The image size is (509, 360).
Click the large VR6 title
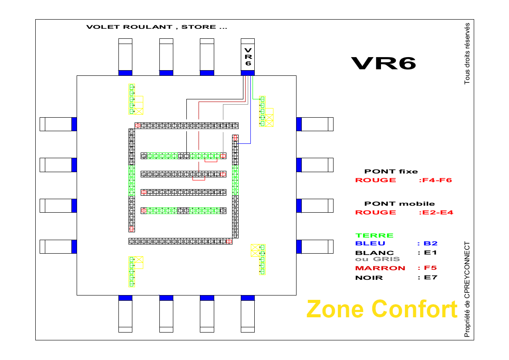(x=384, y=64)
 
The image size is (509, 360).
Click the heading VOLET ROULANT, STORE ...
(x=157, y=27)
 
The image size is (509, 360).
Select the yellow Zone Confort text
(x=382, y=309)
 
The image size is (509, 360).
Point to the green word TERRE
(x=374, y=235)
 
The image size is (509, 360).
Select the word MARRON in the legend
(x=380, y=268)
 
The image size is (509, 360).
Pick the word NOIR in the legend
(x=369, y=278)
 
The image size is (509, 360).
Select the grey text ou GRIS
(x=374, y=259)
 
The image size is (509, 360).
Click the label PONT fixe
(x=391, y=171)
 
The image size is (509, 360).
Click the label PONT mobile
(x=399, y=204)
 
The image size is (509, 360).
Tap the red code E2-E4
(x=435, y=212)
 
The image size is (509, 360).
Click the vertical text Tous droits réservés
(x=467, y=53)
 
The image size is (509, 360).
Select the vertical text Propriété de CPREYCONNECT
(x=467, y=289)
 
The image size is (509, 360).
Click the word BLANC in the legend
(x=374, y=253)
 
